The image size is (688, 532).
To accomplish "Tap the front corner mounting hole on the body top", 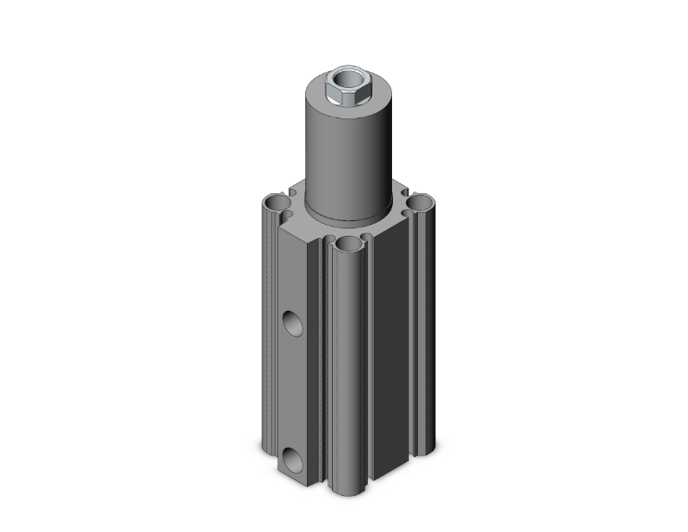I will [349, 244].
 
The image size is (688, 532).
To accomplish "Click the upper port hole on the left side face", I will [291, 323].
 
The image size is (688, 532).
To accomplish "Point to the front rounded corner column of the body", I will [350, 370].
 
